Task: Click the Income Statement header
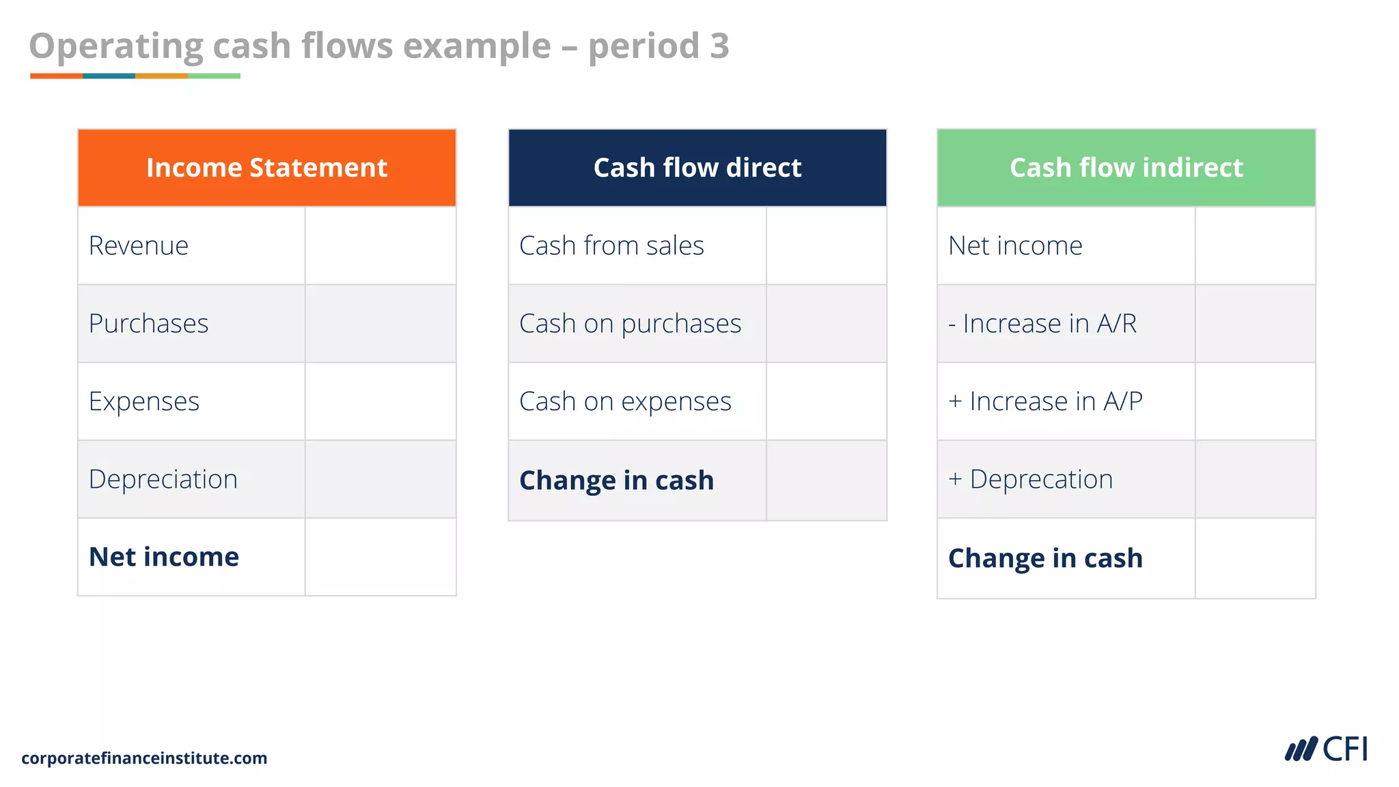click(x=266, y=168)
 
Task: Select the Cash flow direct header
click(x=697, y=168)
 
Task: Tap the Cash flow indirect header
click(x=1126, y=168)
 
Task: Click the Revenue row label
click(x=139, y=246)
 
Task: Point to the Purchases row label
click(x=148, y=324)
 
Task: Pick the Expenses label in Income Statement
click(x=144, y=402)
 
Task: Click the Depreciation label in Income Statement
click(x=163, y=480)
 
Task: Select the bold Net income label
click(x=164, y=557)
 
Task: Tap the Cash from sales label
click(x=611, y=246)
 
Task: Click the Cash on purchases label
click(x=630, y=324)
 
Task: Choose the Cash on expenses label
click(x=625, y=402)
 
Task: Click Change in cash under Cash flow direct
click(x=616, y=481)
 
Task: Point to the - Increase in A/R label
click(x=1042, y=324)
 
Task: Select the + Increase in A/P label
click(x=1045, y=402)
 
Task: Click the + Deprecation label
click(x=1031, y=480)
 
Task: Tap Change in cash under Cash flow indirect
click(x=1045, y=559)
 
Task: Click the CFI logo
click(x=1326, y=749)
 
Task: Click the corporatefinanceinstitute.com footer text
click(x=144, y=758)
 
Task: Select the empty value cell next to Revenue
click(x=380, y=246)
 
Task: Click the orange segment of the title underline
click(x=56, y=76)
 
